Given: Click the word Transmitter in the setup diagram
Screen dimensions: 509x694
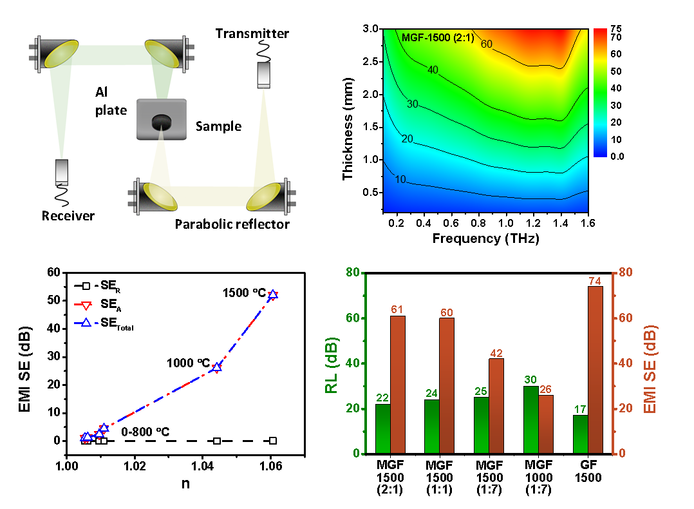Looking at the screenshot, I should pos(252,34).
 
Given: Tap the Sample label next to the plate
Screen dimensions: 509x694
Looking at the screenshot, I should pos(218,126).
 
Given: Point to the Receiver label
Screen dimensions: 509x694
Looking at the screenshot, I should pos(68,215).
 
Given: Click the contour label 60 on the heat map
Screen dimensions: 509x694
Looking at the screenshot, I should pos(487,44).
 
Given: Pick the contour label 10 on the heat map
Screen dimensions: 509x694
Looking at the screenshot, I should pos(400,179).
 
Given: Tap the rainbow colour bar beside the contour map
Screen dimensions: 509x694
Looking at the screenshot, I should pos(599,92).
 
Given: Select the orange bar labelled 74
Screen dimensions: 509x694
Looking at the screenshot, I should pos(595,370).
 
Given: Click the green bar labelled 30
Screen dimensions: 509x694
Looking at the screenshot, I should pos(530,419).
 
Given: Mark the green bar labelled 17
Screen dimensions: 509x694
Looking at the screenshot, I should pos(580,434).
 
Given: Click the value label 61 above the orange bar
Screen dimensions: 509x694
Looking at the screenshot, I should pos(397,310).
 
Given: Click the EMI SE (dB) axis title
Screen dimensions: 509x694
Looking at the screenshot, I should pos(652,369).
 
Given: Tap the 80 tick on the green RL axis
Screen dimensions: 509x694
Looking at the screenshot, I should pos(352,273).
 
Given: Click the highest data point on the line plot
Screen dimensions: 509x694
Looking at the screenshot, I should pos(272,294).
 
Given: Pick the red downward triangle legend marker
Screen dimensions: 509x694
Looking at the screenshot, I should pos(86,305).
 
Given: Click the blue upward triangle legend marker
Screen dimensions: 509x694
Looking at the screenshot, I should pos(86,323).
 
